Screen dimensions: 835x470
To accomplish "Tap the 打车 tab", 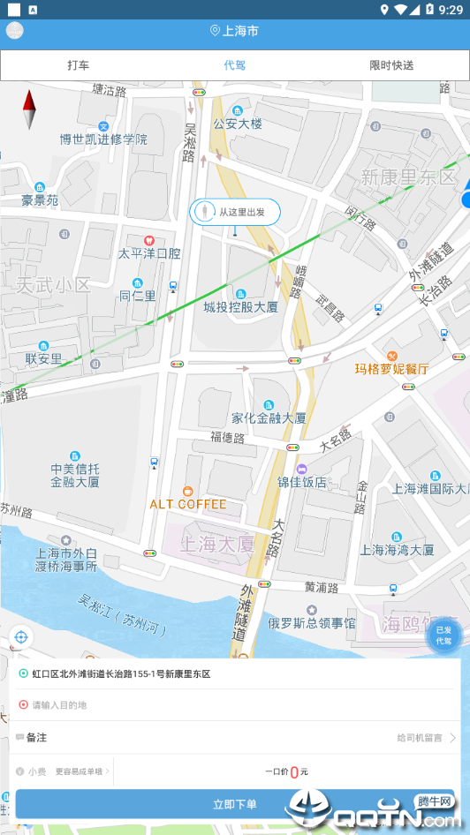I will [79, 65].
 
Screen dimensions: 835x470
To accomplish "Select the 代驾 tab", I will [235, 65].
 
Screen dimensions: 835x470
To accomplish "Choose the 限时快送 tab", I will [391, 65].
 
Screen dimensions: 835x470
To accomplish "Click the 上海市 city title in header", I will [235, 31].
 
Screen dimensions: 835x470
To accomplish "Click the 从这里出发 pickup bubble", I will [235, 212].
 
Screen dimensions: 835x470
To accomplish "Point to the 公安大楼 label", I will [238, 124].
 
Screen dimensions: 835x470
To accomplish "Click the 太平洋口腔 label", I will [149, 253].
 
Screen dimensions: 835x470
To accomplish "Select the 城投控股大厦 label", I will [240, 307].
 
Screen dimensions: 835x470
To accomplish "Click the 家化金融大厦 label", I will [269, 417].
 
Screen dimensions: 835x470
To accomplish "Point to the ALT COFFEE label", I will [187, 504].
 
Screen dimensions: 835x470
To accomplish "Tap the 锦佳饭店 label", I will [302, 482].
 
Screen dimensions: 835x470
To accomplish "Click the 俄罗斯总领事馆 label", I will [312, 623].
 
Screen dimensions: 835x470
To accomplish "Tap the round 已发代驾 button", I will [443, 636].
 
